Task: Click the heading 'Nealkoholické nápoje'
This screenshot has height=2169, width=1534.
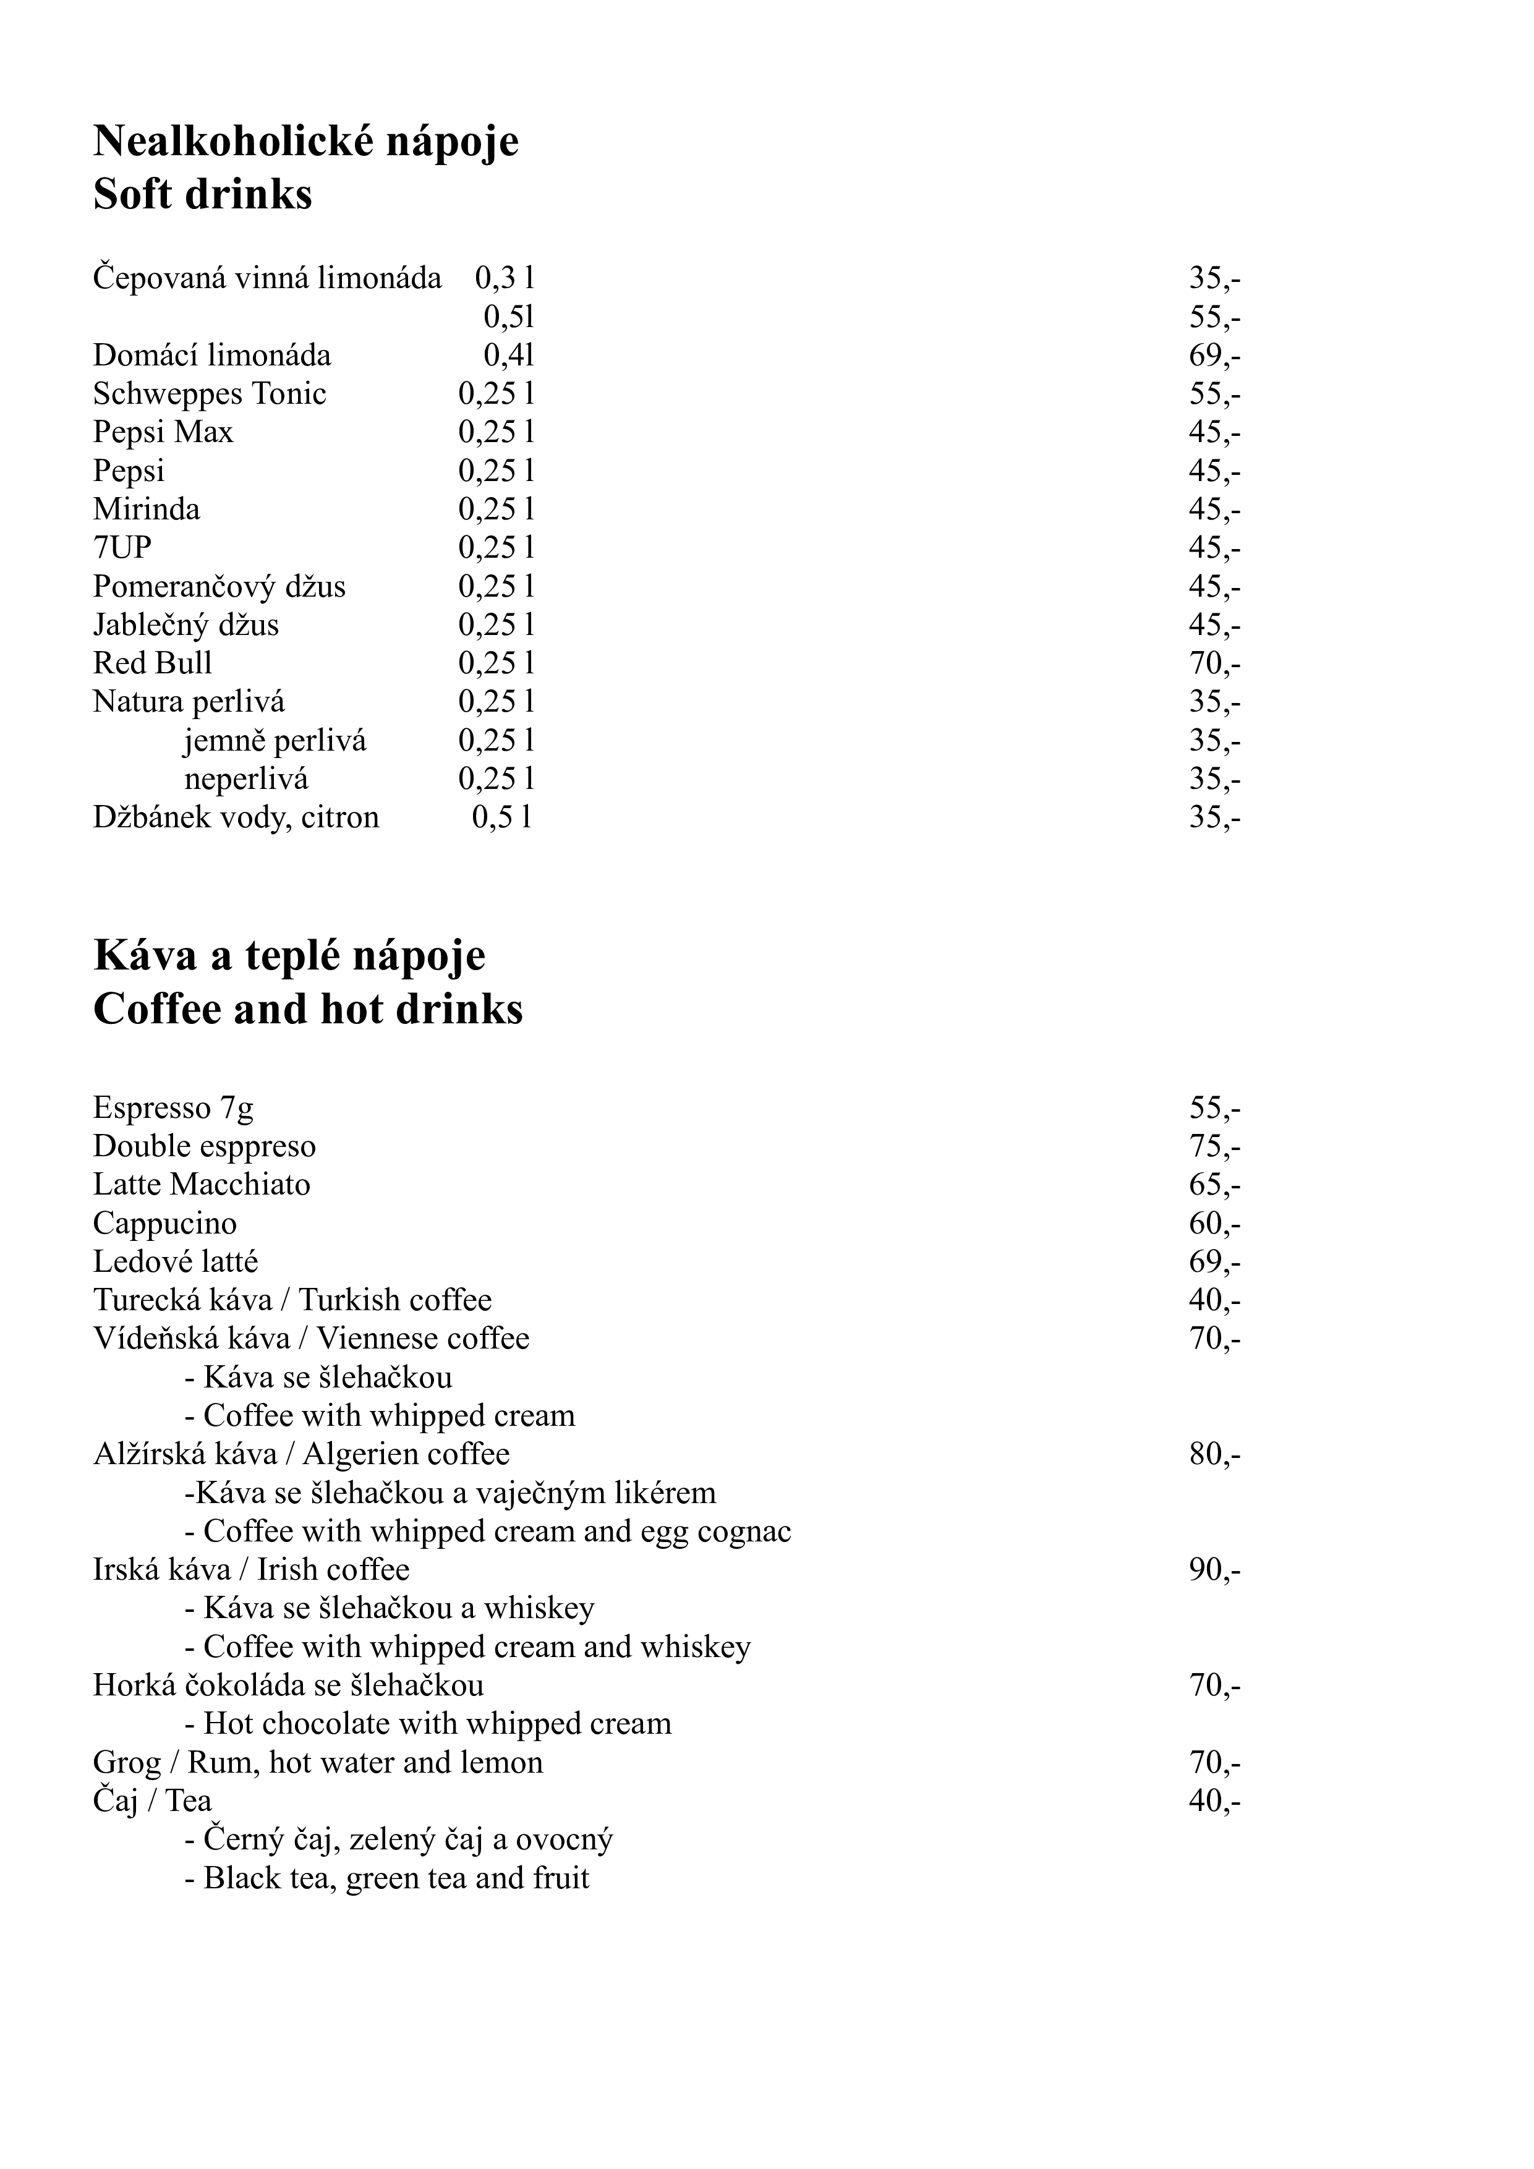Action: coord(306,142)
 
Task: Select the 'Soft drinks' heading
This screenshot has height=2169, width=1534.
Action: coord(202,195)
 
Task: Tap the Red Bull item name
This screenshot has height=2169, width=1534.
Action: coord(152,663)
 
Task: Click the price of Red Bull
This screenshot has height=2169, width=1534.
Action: coord(1214,663)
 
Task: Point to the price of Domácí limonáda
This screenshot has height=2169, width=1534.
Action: coord(1214,355)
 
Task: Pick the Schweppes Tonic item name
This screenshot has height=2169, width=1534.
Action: coord(209,393)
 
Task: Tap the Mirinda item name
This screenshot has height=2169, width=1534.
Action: coord(147,509)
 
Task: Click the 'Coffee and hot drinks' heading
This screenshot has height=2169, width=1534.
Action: coord(308,1010)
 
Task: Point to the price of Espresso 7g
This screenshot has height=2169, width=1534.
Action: coord(1214,1107)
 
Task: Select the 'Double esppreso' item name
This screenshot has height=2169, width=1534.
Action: coord(204,1146)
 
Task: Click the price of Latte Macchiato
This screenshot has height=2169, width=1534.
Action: coord(1214,1185)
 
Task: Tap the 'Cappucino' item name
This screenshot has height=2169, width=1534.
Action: coord(164,1224)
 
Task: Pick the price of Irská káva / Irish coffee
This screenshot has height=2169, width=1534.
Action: coord(1214,1570)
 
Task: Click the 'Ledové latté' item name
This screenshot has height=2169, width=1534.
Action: coord(175,1262)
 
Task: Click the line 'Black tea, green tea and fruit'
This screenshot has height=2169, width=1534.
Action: coord(387,1878)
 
